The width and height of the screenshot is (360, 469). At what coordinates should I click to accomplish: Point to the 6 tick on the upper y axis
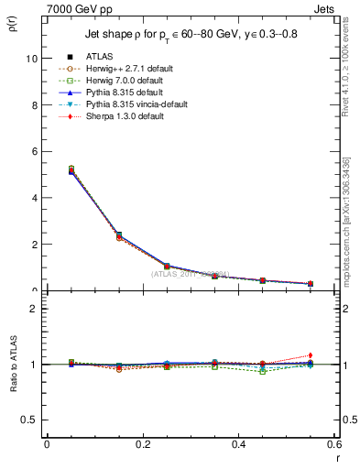point(32,151)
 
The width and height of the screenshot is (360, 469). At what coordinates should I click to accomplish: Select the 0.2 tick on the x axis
point(142,444)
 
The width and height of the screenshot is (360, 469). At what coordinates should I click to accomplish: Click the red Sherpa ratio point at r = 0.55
point(311,355)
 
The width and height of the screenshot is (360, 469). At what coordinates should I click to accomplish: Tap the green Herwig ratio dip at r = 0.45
point(263,371)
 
